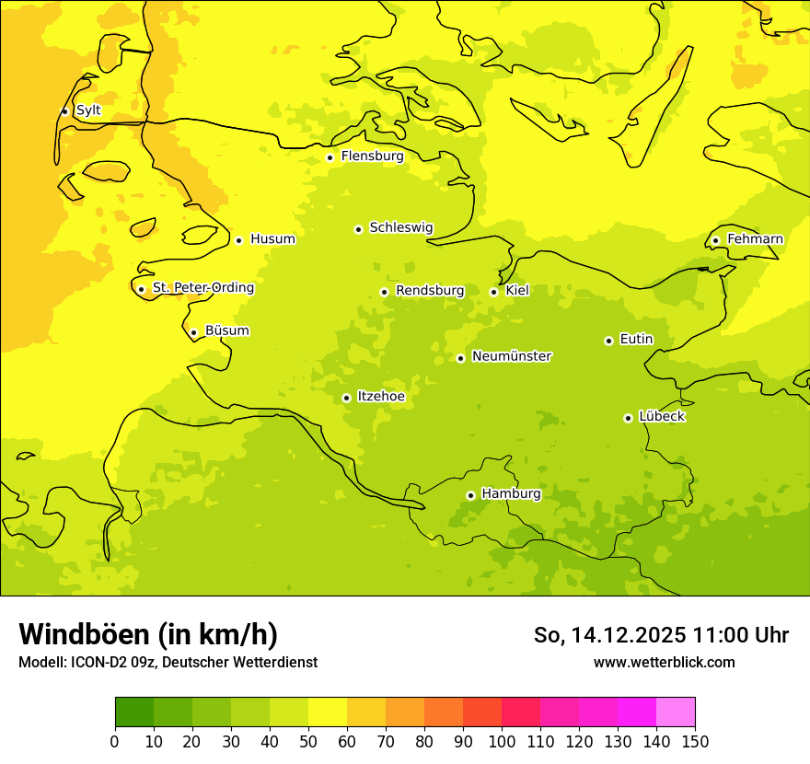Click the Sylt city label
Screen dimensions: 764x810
88,110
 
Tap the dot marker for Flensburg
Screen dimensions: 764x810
330,157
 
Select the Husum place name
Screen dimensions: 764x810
272,239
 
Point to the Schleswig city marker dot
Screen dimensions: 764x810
358,229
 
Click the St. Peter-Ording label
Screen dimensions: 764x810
203,288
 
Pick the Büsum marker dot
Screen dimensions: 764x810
193,333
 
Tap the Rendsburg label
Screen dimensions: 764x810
430,291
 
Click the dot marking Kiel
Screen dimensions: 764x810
493,292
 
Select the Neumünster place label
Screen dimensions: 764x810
512,356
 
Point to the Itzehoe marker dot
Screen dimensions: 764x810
346,399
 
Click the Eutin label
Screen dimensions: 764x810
636,340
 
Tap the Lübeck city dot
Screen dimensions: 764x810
628,418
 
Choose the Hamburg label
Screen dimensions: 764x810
512,494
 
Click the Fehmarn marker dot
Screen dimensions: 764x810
715,241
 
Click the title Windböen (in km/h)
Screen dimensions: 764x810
148,635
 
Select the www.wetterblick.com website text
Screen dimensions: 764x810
664,663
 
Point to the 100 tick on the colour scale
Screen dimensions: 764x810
502,741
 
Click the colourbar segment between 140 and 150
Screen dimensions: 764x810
676,712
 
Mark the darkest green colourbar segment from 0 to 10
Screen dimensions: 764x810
134,712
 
